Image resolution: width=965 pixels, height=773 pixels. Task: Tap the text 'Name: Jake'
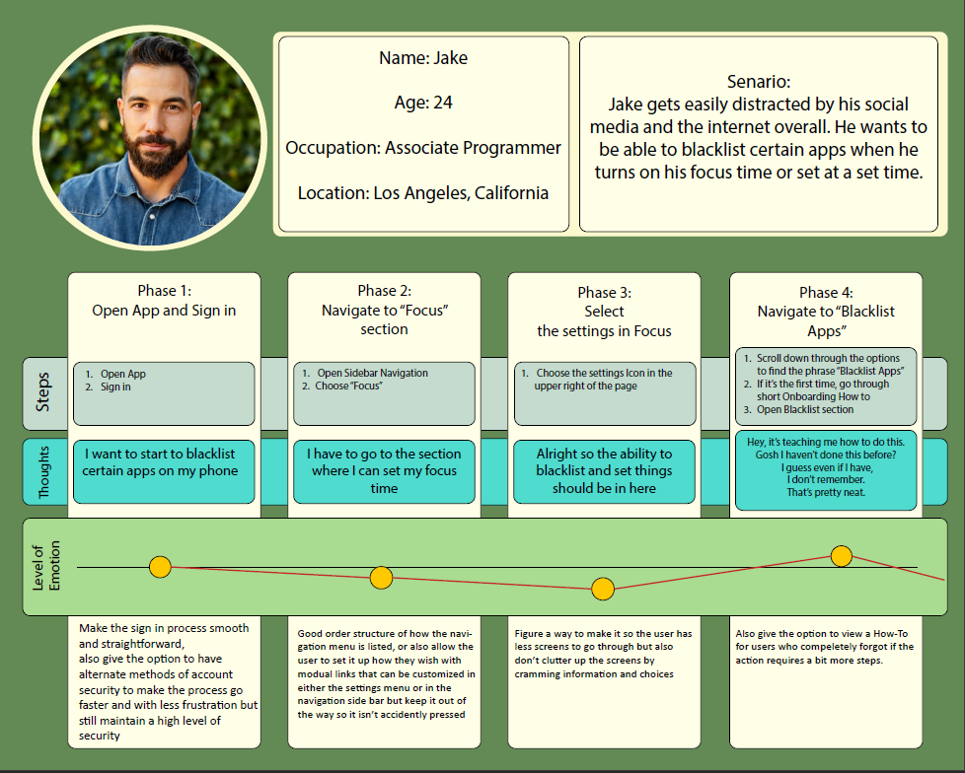click(x=423, y=58)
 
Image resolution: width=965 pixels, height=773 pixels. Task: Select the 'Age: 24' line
click(x=423, y=103)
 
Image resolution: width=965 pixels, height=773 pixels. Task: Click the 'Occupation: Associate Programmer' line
click(x=423, y=148)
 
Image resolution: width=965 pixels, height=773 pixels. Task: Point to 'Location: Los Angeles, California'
click(x=423, y=193)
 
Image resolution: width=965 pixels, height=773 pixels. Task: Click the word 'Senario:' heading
click(x=758, y=83)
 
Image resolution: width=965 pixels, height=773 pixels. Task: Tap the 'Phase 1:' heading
click(x=164, y=291)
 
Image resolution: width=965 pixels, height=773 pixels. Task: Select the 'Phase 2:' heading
click(x=384, y=291)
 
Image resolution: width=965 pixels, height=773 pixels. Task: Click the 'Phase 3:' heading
click(x=604, y=293)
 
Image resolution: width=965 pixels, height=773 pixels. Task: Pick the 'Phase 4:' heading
click(x=826, y=293)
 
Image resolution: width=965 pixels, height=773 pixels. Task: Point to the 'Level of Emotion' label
click(x=47, y=567)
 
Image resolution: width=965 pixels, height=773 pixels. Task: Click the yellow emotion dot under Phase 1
click(x=160, y=567)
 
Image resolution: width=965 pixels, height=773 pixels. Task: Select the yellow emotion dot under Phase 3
click(x=603, y=590)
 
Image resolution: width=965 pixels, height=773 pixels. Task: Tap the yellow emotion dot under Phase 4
click(x=841, y=556)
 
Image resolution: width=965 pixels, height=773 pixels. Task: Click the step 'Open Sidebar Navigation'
click(x=372, y=373)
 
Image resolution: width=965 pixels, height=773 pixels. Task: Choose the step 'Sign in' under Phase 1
click(x=115, y=387)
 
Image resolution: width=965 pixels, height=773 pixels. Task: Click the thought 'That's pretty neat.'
click(x=826, y=492)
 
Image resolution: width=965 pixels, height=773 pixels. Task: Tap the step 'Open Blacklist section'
click(x=805, y=409)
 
